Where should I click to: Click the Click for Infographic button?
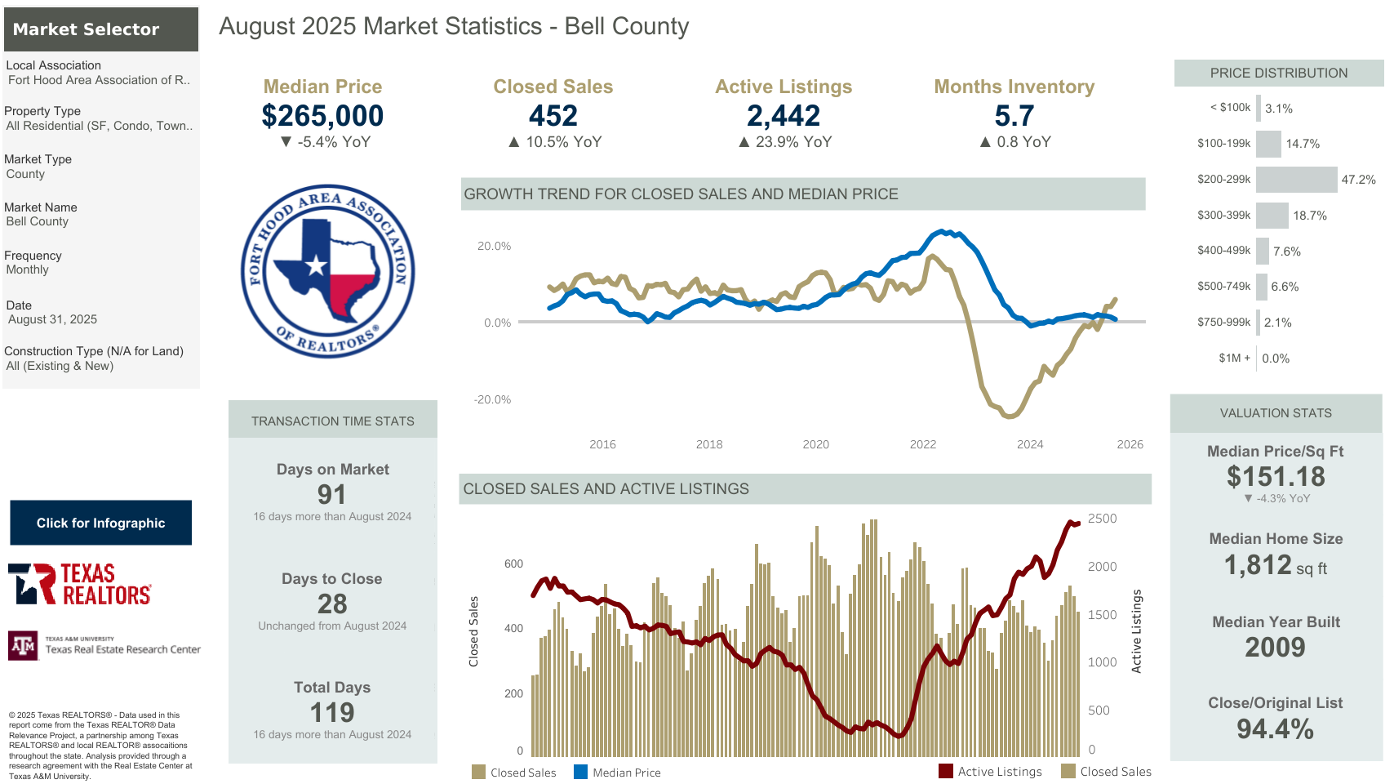(x=100, y=523)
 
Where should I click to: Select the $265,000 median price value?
(x=322, y=116)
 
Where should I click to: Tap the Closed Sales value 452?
(x=553, y=116)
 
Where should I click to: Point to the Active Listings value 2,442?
(x=784, y=116)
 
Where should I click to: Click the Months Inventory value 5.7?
(x=1014, y=116)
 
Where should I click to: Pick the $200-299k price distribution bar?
(x=1296, y=180)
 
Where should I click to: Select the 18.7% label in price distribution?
(x=1310, y=216)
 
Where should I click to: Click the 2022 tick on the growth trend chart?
(x=923, y=444)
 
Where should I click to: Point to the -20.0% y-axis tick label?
(x=492, y=399)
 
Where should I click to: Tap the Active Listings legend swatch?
(x=946, y=771)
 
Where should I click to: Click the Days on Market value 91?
(x=332, y=494)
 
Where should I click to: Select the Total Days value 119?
(x=332, y=712)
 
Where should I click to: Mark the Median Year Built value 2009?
(x=1275, y=647)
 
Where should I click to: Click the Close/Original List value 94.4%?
(x=1275, y=728)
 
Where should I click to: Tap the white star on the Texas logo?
(x=316, y=265)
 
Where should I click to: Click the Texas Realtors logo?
(x=80, y=584)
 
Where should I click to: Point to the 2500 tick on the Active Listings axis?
(x=1102, y=519)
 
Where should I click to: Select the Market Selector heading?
(x=86, y=29)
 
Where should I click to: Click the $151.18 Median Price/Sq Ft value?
(x=1276, y=476)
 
